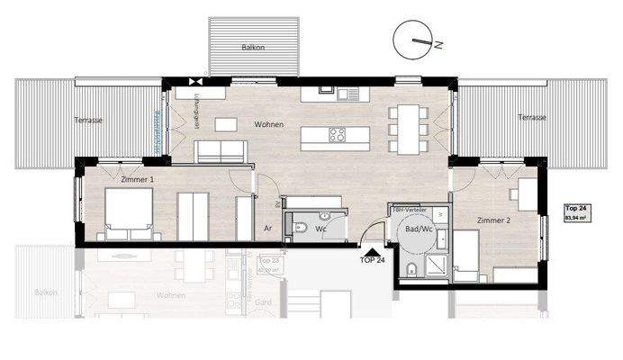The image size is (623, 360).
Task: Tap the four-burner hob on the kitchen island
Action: tap(337, 136)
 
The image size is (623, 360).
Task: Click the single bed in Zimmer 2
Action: tap(468, 251)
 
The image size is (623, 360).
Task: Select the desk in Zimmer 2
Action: tap(526, 193)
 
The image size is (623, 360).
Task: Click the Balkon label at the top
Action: tap(252, 47)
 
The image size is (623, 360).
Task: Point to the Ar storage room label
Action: tap(268, 228)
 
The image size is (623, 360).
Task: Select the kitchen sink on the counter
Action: tap(348, 91)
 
